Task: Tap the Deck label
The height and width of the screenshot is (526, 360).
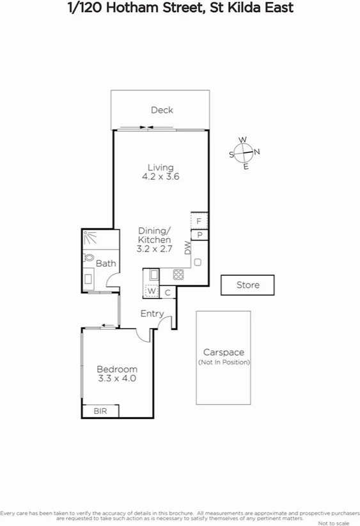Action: pos(162,110)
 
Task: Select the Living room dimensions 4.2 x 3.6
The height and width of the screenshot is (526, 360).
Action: pos(160,177)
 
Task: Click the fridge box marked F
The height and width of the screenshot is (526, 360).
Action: pos(200,221)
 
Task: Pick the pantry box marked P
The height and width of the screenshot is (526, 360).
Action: pos(200,235)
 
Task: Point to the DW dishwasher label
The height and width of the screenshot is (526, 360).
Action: pos(188,248)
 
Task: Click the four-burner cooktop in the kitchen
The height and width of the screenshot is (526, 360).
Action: pos(178,275)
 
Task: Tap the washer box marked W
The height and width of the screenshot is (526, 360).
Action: pos(152,292)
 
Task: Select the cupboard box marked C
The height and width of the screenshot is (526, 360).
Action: pos(168,292)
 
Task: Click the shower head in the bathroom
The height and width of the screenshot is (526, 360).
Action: pos(90,238)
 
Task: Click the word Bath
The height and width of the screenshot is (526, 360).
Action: pos(106,263)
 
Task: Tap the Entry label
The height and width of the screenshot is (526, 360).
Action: pos(152,314)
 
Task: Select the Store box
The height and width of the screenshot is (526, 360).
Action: pos(247,285)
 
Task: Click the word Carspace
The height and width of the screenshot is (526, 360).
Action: pos(224,353)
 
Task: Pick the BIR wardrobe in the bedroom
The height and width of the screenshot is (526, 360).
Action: pos(100,411)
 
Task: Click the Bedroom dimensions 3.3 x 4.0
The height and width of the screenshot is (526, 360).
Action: pos(117,378)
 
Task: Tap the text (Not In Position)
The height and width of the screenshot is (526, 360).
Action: pos(224,362)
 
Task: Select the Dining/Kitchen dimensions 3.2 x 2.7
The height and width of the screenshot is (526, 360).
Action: pos(155,248)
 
